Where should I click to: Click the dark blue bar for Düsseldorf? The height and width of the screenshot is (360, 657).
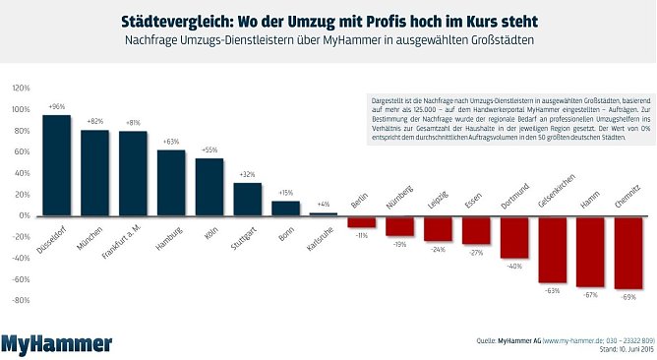click(57, 165)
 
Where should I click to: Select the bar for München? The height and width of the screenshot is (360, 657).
click(94, 172)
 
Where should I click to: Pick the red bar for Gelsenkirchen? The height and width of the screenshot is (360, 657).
click(553, 249)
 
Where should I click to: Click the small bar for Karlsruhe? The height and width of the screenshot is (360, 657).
click(323, 213)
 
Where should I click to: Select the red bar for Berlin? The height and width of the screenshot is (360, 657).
click(361, 221)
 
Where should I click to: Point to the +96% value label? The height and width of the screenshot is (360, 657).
click(57, 106)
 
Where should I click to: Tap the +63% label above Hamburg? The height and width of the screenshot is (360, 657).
click(171, 142)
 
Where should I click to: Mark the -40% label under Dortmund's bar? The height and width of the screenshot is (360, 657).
click(514, 266)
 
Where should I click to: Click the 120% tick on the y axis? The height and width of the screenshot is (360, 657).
click(21, 88)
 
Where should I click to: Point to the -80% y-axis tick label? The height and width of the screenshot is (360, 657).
click(21, 300)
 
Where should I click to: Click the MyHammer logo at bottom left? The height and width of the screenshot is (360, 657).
click(56, 343)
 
